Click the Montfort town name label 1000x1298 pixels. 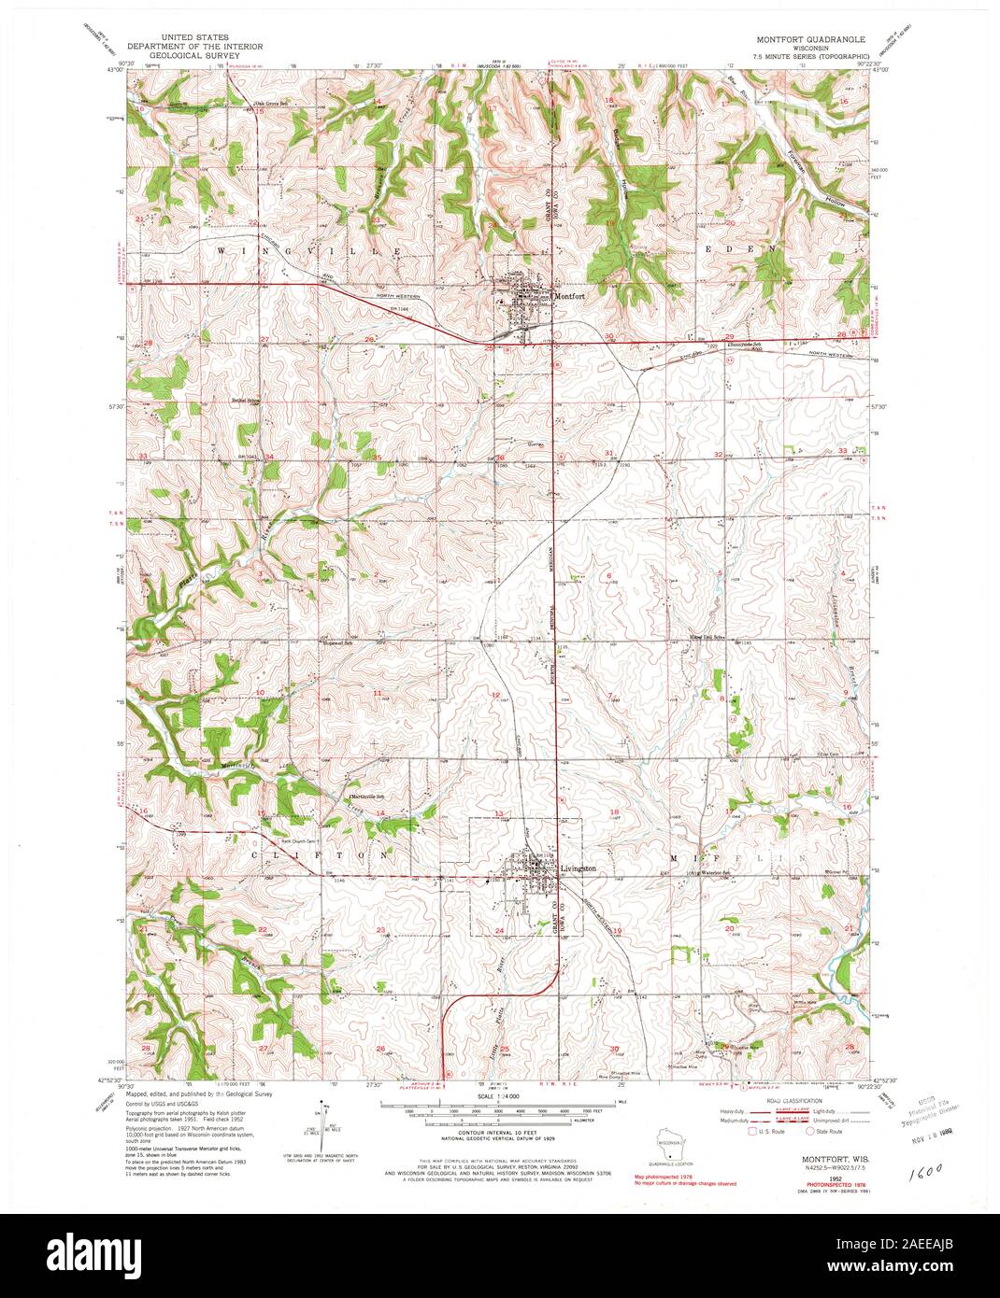click(570, 296)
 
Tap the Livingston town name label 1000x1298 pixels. click(578, 868)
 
